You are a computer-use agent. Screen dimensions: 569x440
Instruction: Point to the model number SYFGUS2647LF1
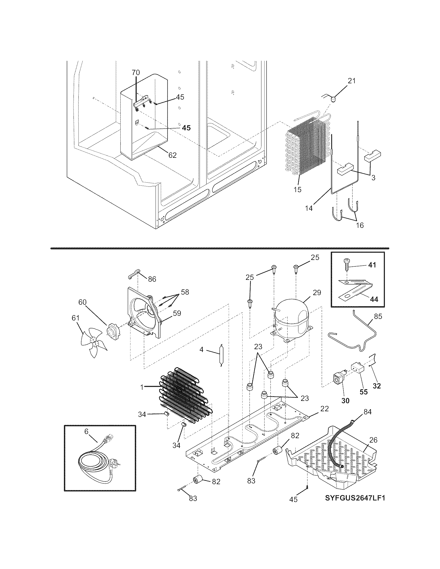click(355, 498)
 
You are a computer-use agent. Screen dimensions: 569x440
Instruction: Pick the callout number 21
click(352, 81)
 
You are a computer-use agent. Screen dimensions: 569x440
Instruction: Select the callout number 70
click(136, 72)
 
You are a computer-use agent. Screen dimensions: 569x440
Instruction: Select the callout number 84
click(368, 412)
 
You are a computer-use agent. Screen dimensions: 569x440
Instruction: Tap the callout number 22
click(324, 409)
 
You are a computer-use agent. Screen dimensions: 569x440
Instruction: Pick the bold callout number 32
click(377, 393)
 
